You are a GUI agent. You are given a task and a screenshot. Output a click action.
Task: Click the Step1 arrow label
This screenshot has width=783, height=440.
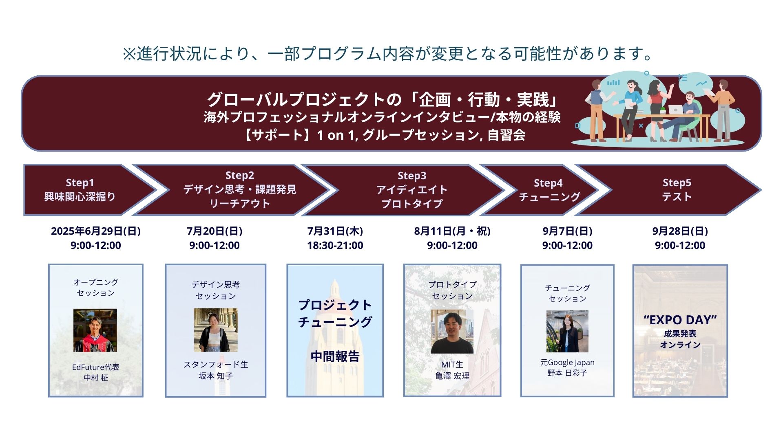tap(80, 183)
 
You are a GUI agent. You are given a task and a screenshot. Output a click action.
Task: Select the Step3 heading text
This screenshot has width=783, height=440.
tap(412, 176)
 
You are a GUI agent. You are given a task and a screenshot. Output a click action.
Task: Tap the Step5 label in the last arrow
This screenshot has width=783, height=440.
tap(677, 183)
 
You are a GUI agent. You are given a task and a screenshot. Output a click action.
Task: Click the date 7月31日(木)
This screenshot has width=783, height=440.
tap(335, 231)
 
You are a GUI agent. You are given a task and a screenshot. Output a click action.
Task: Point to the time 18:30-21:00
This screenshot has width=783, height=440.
tap(335, 245)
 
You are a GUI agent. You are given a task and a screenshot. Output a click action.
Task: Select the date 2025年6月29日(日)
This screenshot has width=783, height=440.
tap(96, 231)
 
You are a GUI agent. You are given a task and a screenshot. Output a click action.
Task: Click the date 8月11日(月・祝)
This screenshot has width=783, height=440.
tap(452, 231)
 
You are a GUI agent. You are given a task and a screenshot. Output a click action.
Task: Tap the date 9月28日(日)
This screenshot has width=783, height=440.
tap(680, 231)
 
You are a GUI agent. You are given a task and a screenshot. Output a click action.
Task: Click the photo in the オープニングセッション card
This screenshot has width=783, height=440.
tap(95, 330)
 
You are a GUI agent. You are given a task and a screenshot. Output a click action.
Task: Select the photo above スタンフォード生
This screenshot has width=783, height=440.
tap(216, 330)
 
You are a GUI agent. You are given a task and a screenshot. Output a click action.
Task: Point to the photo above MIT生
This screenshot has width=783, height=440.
tap(452, 331)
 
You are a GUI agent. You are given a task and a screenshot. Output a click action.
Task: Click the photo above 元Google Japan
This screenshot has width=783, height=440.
tap(567, 331)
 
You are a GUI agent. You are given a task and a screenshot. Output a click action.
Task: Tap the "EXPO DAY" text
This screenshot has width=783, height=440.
tap(680, 320)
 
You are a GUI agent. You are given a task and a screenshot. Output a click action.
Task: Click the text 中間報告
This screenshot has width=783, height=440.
tap(335, 356)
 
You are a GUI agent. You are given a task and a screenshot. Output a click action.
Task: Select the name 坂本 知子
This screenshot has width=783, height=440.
tap(216, 376)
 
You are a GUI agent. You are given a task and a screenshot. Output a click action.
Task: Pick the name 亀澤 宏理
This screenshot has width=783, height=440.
tap(452, 376)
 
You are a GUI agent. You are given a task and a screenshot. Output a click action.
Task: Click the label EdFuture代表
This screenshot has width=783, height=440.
tap(96, 367)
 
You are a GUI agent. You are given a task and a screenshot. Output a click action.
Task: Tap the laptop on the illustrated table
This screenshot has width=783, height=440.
tap(675, 109)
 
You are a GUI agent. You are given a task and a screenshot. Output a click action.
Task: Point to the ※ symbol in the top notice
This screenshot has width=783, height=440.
tap(129, 54)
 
